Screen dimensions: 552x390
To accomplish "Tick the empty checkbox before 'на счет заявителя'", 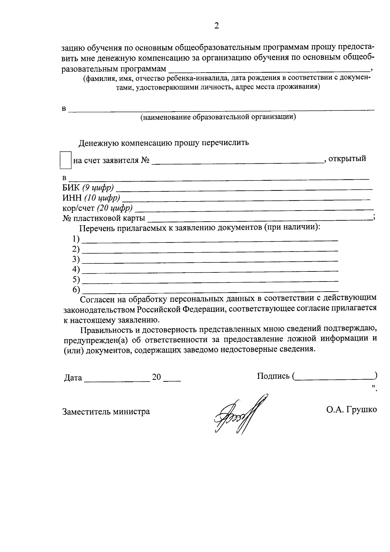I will coord(65,159).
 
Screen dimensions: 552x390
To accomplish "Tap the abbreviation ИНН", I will coord(72,198).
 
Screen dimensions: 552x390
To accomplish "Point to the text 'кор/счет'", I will coord(78,208).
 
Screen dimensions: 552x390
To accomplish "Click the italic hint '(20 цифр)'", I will coord(114,208).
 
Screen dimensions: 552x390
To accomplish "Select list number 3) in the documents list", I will coord(76,259).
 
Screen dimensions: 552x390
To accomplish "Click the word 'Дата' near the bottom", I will coord(73,378).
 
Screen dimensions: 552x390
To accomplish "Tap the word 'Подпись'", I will coord(273,376).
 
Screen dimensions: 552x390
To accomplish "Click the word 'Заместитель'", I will coord(86,412).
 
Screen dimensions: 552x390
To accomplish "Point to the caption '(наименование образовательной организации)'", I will coord(218,117).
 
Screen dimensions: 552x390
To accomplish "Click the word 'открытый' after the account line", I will coord(347,159).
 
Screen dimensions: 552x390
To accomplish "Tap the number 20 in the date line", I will coord(156,377).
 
